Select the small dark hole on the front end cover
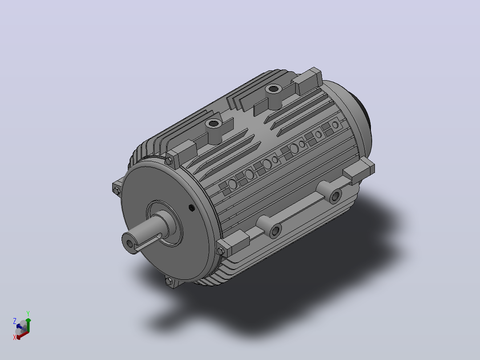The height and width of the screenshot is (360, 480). pyautogui.click(x=192, y=209)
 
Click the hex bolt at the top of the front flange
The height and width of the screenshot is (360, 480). pyautogui.click(x=168, y=161)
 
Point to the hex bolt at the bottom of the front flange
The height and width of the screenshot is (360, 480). pyautogui.click(x=169, y=281)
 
